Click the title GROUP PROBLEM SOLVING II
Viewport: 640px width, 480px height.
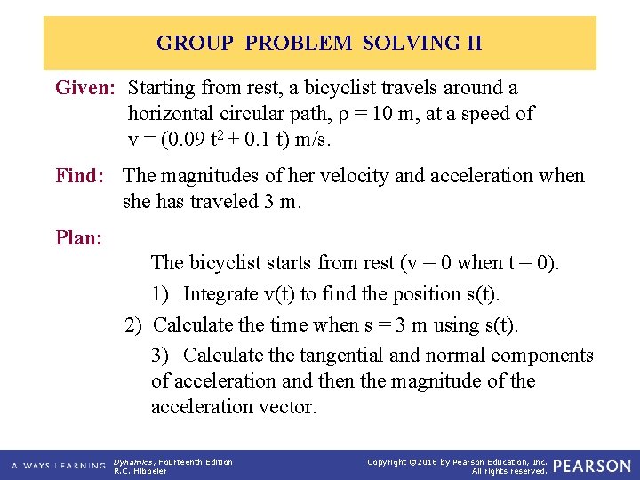(319, 43)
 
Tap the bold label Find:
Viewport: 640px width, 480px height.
(83, 175)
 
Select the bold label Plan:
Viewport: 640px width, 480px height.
(78, 237)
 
